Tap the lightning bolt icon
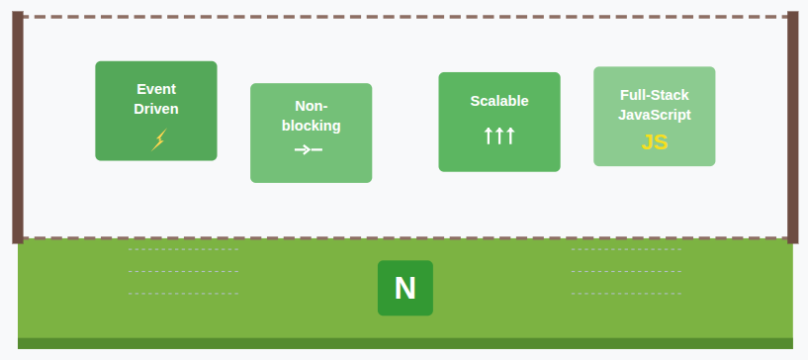coord(158,139)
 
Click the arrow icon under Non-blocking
coord(309,149)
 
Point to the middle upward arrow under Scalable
coord(499,135)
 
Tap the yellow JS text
coord(654,141)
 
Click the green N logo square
coord(405,288)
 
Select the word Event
coord(156,89)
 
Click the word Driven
coord(156,109)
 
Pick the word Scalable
coord(499,101)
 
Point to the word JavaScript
coord(654,115)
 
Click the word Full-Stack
coord(654,95)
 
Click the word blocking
coord(311,126)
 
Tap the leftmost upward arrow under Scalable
coord(488,135)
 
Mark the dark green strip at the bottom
coord(405,343)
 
